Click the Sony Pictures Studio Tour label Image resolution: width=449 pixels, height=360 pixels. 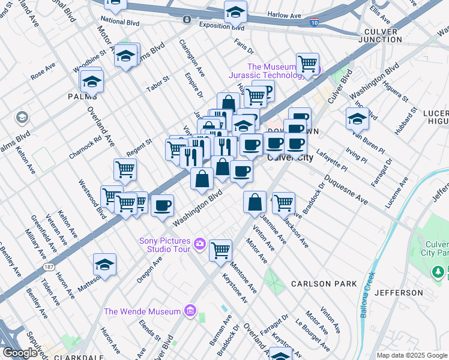click(x=164, y=245)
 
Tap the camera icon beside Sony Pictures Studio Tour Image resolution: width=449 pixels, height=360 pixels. click(x=199, y=245)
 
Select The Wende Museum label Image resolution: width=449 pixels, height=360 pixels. click(x=142, y=311)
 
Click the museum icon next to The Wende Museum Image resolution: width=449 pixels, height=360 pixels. click(x=190, y=311)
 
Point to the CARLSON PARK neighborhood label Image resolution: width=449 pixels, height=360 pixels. click(x=324, y=284)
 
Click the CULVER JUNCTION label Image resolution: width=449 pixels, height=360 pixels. click(x=388, y=35)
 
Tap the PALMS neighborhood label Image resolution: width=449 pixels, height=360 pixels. click(x=82, y=96)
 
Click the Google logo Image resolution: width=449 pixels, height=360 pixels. click(x=20, y=352)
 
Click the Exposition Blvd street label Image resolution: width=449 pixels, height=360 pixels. click(x=221, y=28)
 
